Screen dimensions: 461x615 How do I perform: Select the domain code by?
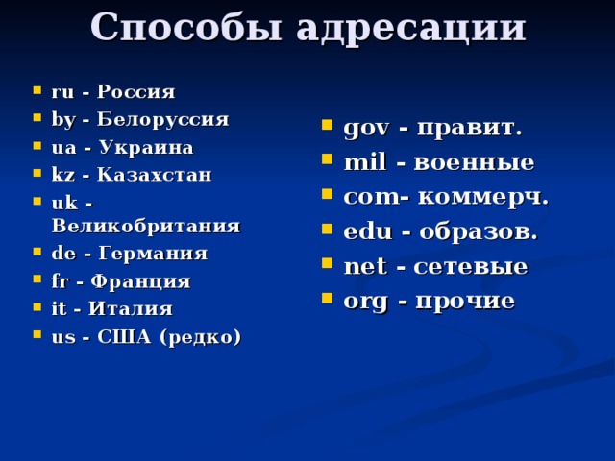click(61, 120)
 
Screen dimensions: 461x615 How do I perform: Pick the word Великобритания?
click(145, 227)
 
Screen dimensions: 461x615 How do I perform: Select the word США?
click(128, 337)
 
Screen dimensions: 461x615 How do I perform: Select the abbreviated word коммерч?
click(481, 198)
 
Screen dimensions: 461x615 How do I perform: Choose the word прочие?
click(464, 302)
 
